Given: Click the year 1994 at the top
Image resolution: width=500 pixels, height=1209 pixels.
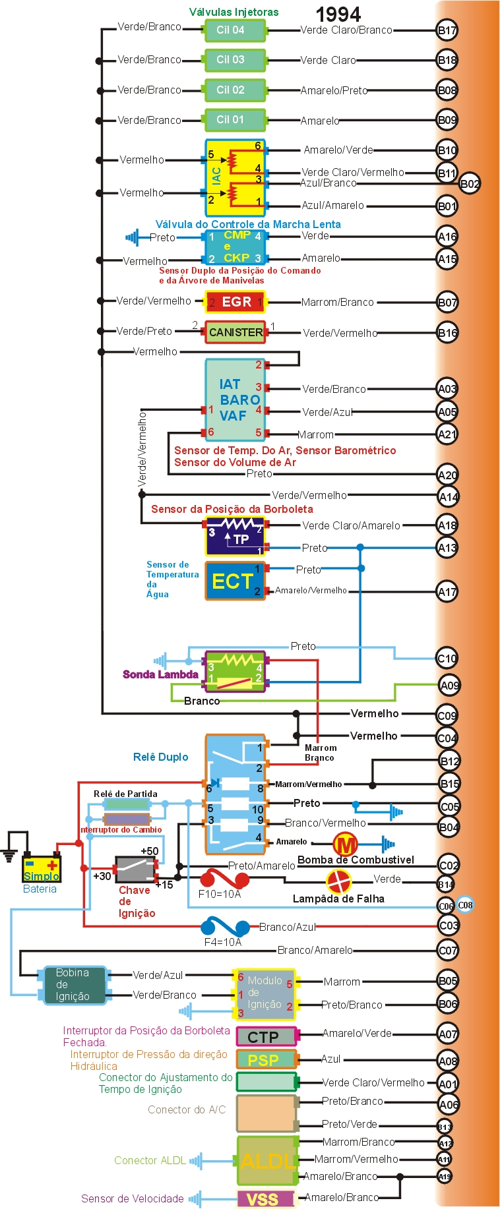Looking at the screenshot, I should [x=338, y=14].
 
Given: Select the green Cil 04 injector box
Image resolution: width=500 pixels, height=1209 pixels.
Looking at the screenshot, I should [x=235, y=30].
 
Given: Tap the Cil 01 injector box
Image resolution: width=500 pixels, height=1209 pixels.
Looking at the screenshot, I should [x=235, y=120].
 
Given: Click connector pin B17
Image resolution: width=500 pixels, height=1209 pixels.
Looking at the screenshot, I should [x=447, y=30].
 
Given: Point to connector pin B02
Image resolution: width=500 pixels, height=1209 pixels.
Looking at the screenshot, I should [x=470, y=184].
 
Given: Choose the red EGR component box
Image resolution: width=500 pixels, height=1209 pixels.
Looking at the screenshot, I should [x=235, y=302].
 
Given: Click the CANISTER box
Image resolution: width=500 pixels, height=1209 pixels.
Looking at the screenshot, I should [x=235, y=332].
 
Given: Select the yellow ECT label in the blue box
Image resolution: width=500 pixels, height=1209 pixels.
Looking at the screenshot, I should [x=232, y=581].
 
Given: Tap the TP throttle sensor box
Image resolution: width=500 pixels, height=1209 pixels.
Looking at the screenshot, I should [x=235, y=537].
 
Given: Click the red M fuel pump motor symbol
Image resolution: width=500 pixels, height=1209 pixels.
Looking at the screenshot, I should [x=345, y=844].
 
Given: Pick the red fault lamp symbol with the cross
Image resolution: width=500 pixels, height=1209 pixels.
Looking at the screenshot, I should [x=339, y=881].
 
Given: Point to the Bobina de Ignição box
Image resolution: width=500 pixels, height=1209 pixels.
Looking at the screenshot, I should [x=75, y=985].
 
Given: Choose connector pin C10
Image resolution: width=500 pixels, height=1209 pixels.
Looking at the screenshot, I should [x=447, y=658].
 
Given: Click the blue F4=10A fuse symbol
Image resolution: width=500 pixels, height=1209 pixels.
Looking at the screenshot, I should [x=225, y=927].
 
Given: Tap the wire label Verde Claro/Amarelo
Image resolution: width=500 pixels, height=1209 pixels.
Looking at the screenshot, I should [x=351, y=525].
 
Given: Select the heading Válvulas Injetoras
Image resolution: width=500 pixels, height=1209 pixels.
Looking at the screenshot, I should [x=234, y=12].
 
